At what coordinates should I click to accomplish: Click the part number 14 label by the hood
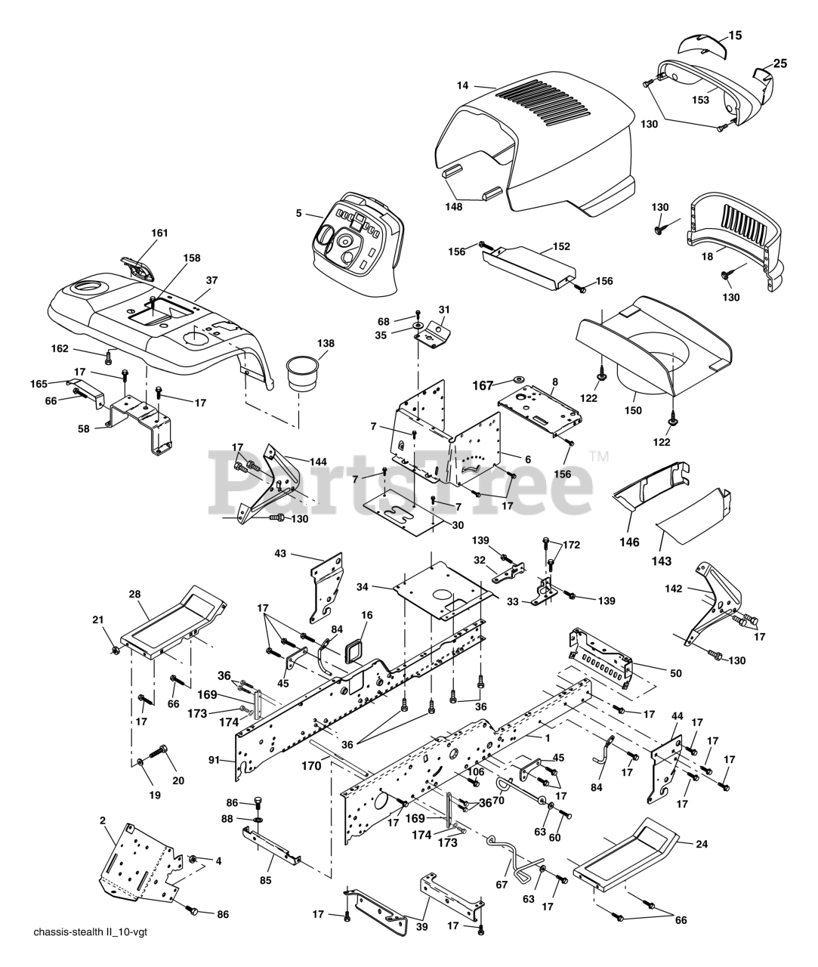[x=462, y=85]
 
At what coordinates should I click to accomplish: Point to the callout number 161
[x=159, y=233]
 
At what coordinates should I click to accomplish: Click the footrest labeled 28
[x=173, y=623]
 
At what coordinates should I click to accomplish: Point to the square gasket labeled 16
[x=354, y=652]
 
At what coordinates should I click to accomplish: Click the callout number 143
[x=661, y=561]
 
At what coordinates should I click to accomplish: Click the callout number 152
[x=561, y=246]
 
